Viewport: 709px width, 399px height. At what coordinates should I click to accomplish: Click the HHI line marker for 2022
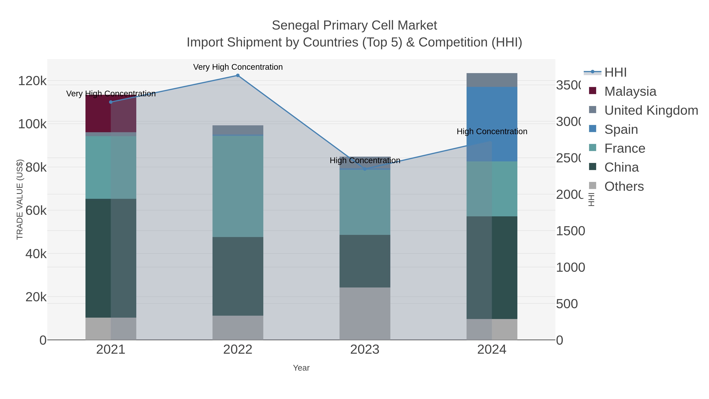(x=238, y=75)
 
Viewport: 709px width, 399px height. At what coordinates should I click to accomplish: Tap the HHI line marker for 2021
(x=111, y=102)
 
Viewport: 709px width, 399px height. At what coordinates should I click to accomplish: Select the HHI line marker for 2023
(x=365, y=169)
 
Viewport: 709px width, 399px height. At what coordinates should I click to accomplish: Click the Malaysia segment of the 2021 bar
(x=111, y=113)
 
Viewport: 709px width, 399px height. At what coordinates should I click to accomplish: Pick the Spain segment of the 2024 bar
(x=492, y=124)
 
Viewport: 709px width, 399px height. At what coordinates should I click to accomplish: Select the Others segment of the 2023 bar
(x=365, y=314)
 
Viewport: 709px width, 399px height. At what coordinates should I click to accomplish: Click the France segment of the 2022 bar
(x=238, y=186)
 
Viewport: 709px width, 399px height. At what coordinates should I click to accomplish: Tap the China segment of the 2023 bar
(x=365, y=261)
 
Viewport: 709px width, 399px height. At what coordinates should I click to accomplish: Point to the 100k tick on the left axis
(x=32, y=124)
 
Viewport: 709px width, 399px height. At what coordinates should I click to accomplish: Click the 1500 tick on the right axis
(x=570, y=231)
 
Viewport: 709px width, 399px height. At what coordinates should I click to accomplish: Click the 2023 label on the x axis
(x=365, y=350)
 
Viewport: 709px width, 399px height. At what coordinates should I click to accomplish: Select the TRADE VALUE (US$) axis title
(x=20, y=199)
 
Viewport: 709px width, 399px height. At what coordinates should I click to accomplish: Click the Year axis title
(x=301, y=368)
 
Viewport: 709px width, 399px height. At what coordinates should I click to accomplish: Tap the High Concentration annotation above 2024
(x=492, y=132)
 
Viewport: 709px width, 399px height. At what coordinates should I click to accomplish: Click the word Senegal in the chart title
(x=296, y=25)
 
